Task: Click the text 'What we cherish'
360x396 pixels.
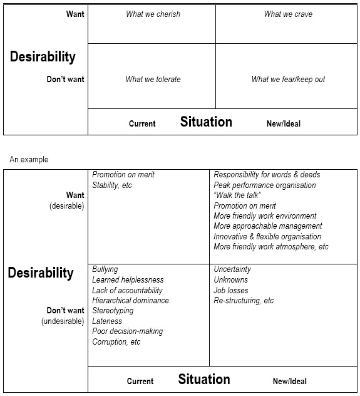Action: (x=153, y=14)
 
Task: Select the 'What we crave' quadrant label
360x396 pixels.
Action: (x=288, y=14)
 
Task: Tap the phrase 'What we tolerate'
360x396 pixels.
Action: (x=153, y=80)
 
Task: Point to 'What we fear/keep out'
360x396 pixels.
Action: (x=288, y=80)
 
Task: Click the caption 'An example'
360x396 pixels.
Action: (x=29, y=160)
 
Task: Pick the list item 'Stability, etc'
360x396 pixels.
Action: (x=112, y=185)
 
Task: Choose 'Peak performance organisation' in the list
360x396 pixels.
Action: (x=265, y=185)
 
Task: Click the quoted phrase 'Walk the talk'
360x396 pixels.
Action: (x=237, y=195)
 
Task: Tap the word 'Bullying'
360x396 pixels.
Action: (x=105, y=269)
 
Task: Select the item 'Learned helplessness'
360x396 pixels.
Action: (x=128, y=280)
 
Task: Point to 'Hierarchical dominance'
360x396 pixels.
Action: (x=130, y=301)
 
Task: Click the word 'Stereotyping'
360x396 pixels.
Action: (x=113, y=311)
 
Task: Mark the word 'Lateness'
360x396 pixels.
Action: (x=107, y=321)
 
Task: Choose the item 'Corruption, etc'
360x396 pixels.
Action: (x=116, y=342)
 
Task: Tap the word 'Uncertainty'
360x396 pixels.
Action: (x=232, y=269)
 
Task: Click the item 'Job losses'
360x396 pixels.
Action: (x=231, y=291)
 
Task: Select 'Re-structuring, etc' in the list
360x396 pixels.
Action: (x=244, y=301)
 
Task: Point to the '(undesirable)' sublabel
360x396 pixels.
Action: (x=63, y=321)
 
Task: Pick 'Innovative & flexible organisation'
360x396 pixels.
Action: (x=267, y=237)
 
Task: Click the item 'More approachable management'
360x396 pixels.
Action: (x=268, y=226)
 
